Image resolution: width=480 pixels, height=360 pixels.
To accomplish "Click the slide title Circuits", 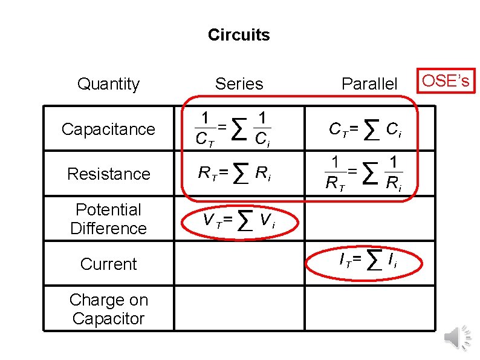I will (239, 35).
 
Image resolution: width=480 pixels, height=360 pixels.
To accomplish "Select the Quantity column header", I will (108, 84).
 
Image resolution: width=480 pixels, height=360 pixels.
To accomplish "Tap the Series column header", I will (239, 84).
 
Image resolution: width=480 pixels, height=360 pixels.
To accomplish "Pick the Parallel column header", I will (369, 84).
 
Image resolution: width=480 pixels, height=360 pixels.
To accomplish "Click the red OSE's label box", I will (445, 80).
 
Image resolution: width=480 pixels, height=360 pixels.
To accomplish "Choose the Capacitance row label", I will (108, 129).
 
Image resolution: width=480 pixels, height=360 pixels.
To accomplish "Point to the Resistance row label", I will (108, 174).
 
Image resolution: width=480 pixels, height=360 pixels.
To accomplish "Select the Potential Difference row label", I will (108, 219).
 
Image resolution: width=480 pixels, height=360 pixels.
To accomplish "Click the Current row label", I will (108, 264).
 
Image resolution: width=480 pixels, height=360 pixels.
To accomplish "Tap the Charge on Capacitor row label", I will (108, 309).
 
